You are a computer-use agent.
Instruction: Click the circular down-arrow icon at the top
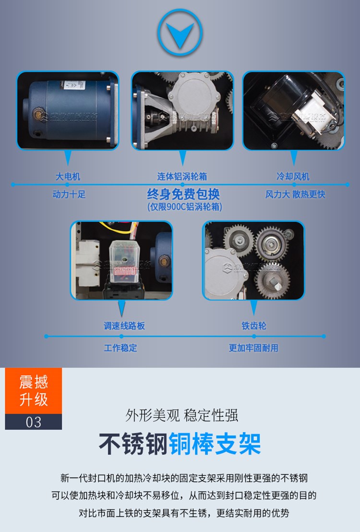click(180, 32)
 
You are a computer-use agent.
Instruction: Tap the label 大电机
click(67, 176)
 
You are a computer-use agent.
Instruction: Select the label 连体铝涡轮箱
click(182, 176)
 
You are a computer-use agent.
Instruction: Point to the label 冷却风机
click(293, 176)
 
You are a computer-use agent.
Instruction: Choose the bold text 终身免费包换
click(183, 194)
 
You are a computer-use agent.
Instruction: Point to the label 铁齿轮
click(253, 326)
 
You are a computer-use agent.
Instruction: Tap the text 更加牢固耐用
click(253, 348)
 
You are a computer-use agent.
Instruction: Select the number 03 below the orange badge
click(34, 422)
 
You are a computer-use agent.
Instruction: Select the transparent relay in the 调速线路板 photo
click(123, 262)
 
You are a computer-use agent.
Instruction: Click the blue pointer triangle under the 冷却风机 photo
click(294, 158)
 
